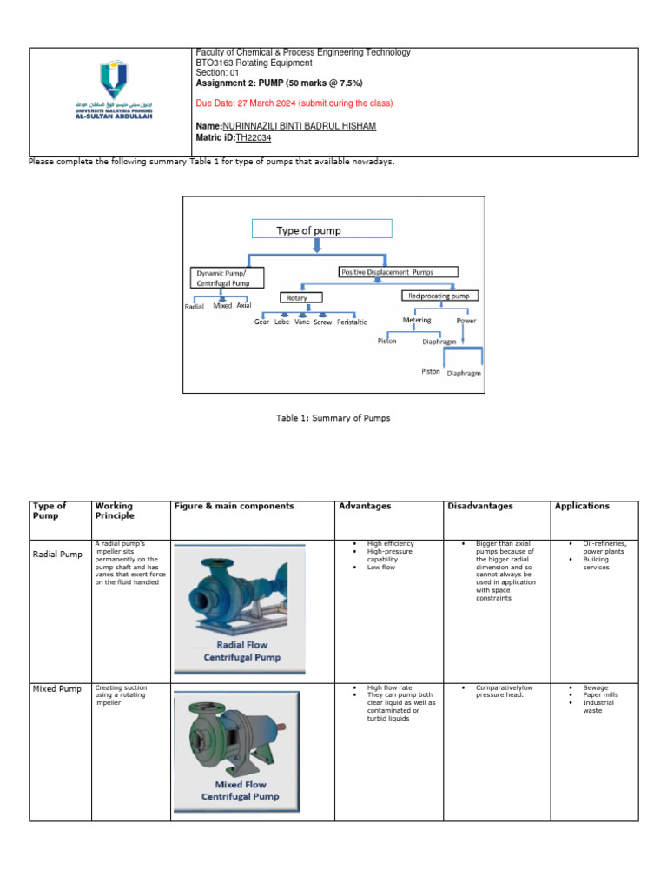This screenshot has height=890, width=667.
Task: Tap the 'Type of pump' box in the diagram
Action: tap(321, 230)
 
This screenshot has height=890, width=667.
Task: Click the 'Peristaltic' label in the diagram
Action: tap(352, 322)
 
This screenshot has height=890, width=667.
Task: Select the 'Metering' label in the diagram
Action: tap(417, 320)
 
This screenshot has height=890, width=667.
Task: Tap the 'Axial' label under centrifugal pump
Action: tap(243, 306)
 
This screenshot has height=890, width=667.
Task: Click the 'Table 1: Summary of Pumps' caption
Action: tap(333, 418)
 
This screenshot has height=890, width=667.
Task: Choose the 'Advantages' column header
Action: tap(365, 506)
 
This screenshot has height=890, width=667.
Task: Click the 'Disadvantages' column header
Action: tap(479, 506)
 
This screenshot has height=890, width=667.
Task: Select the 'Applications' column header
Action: tap(582, 506)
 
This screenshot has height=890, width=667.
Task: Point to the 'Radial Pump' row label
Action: tap(56, 553)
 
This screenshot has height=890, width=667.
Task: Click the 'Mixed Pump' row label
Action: tap(56, 689)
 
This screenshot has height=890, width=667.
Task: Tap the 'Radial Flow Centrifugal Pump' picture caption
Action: tap(235, 652)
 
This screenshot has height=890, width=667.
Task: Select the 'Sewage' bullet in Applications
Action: tap(596, 687)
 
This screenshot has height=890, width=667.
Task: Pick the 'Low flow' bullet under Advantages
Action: tap(380, 568)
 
